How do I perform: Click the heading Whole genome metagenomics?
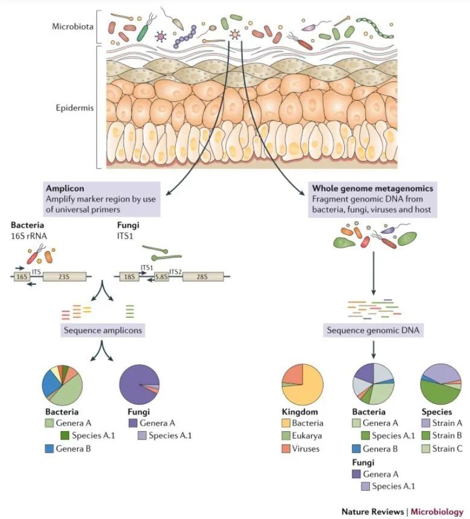click(372, 188)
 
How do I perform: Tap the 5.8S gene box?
click(160, 277)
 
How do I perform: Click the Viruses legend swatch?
click(287, 448)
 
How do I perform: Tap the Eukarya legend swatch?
click(287, 435)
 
